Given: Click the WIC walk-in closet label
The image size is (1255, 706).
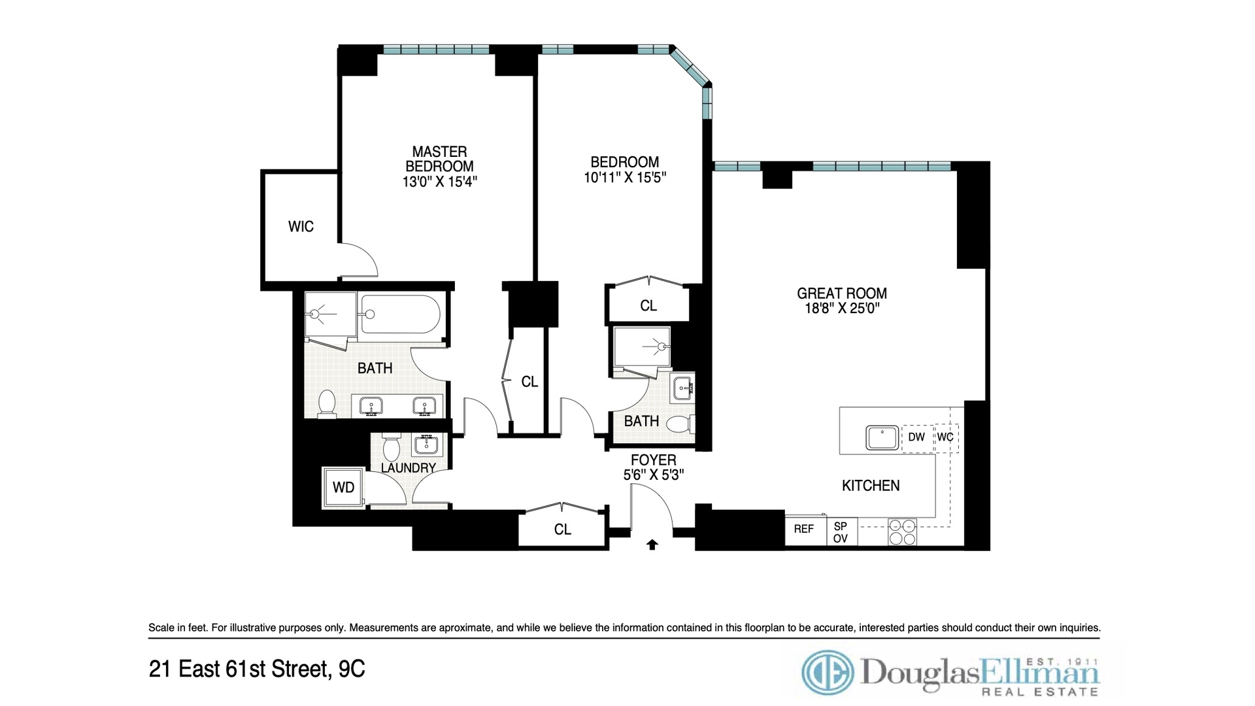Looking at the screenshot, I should pyautogui.click(x=301, y=227).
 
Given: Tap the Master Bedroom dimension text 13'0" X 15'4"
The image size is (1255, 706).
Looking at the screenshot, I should pyautogui.click(x=439, y=182).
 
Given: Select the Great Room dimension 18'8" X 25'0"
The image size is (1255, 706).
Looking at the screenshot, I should pyautogui.click(x=842, y=309).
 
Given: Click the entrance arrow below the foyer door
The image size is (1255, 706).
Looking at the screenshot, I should pyautogui.click(x=652, y=544).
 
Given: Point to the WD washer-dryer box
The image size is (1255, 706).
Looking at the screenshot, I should pyautogui.click(x=343, y=487).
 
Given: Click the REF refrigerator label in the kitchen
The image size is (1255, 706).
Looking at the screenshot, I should pyautogui.click(x=804, y=529).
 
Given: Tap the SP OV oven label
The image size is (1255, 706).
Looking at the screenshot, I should pyautogui.click(x=841, y=532).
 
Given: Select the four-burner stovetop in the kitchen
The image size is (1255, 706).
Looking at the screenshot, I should pyautogui.click(x=902, y=532).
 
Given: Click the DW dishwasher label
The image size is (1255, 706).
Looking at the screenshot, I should pyautogui.click(x=916, y=437).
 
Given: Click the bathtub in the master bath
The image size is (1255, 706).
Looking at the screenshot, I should pyautogui.click(x=401, y=314).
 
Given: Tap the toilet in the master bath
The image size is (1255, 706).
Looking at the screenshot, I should pyautogui.click(x=326, y=403).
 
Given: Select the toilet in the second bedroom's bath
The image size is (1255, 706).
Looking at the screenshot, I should pyautogui.click(x=680, y=424).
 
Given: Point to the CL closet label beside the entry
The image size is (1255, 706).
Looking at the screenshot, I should pyautogui.click(x=562, y=529).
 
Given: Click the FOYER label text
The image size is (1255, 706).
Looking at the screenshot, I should pyautogui.click(x=653, y=460).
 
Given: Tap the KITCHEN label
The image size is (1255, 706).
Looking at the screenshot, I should pyautogui.click(x=870, y=486).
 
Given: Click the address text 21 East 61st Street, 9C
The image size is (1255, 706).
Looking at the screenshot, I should pyautogui.click(x=257, y=669).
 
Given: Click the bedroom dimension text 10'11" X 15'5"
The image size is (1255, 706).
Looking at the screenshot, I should pyautogui.click(x=624, y=177).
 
